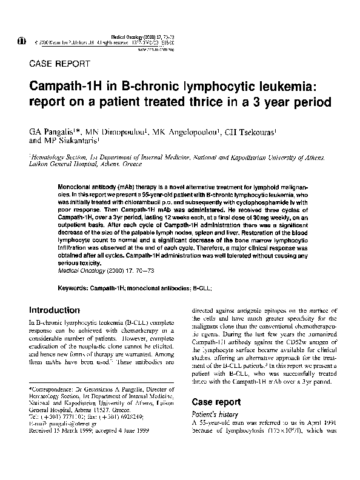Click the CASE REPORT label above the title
click(60, 64)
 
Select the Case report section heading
click(216, 401)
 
